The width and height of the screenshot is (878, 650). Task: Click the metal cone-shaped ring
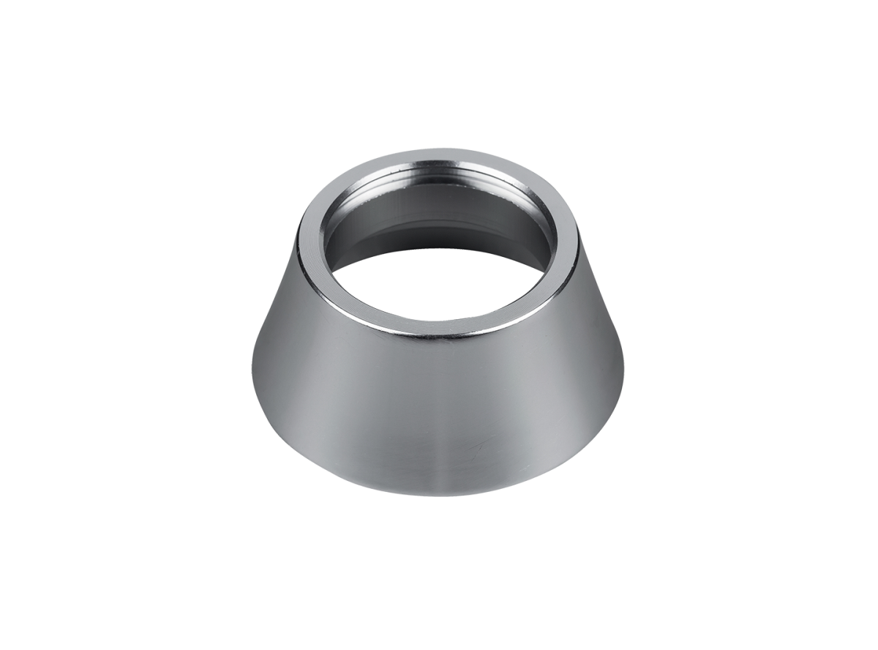(x=439, y=395)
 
